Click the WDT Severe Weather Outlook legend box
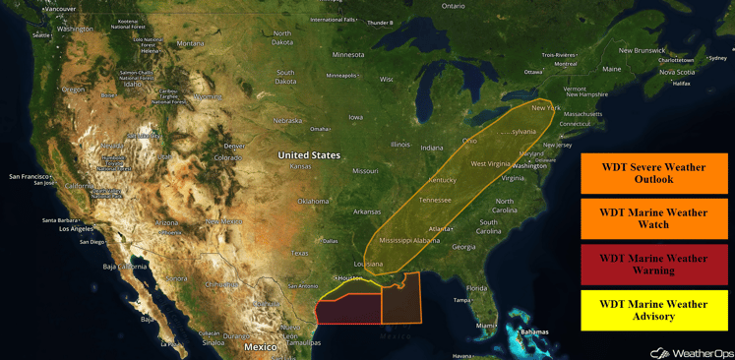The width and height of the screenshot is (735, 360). coord(653,173)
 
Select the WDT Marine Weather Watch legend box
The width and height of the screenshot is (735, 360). coord(653,218)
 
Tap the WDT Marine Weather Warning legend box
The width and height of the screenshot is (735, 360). coord(653,264)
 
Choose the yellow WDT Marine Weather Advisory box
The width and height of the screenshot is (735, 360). coord(653,310)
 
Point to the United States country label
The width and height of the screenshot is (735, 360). coord(309,155)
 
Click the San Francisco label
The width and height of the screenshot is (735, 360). coord(31,177)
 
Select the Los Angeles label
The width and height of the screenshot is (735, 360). coord(76,229)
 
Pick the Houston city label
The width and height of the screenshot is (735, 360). coord(349,278)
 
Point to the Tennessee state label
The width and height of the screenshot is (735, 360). coord(435,200)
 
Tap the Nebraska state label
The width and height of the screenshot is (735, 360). coord(287,121)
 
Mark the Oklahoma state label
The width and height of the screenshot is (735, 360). coord(314,202)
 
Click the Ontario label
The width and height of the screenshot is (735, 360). coord(453,6)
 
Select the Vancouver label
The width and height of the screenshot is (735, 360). coord(61,9)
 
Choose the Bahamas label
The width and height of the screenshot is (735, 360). coord(534,332)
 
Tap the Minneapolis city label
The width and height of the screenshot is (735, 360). coord(342,76)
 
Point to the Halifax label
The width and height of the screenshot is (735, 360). coord(681,84)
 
